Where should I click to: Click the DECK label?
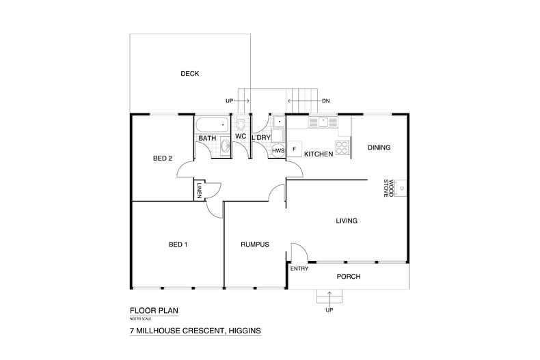point(189,74)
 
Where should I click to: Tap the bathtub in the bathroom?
point(212,125)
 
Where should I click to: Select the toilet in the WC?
point(241,124)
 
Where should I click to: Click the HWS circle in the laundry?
point(278,150)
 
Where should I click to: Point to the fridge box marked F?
point(295,149)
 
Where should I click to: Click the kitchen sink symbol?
point(323,123)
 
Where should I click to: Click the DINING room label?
point(379,148)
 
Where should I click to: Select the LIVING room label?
point(347,221)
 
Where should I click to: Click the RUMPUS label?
point(254,245)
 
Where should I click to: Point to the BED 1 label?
point(178,245)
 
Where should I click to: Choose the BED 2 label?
point(162,158)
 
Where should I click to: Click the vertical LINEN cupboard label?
point(199,191)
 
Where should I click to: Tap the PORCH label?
point(348,277)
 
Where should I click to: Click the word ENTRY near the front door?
point(299,268)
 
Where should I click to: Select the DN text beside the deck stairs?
point(325,101)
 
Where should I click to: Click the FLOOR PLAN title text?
point(154,310)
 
